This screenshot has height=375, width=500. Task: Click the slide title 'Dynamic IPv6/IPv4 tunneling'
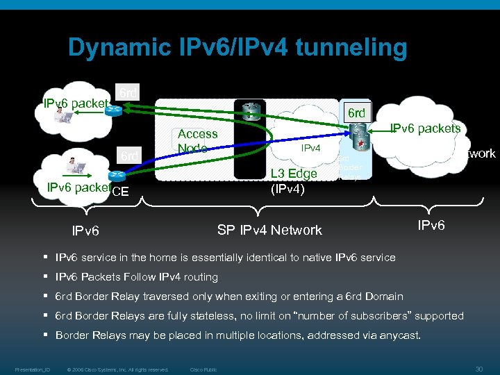tap(237, 48)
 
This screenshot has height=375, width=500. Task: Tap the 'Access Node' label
tap(197, 141)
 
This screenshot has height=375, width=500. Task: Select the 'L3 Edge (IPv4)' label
tap(293, 181)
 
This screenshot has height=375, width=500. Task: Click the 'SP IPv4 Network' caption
tap(269, 230)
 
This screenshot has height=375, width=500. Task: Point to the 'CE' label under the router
tap(120, 192)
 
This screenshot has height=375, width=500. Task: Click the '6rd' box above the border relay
tap(356, 113)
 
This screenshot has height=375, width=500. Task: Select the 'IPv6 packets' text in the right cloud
tap(425, 128)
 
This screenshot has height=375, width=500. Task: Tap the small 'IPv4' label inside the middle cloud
tap(310, 148)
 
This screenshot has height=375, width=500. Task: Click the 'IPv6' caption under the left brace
tap(86, 231)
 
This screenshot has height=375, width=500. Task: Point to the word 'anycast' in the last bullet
tap(399, 335)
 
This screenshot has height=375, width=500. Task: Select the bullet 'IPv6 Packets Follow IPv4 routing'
tap(136, 277)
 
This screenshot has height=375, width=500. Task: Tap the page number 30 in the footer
tap(478, 369)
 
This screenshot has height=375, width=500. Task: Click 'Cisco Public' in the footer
tap(203, 369)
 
